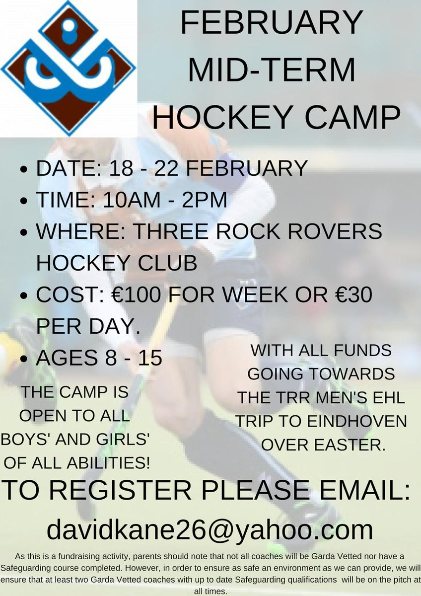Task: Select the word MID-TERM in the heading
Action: (272, 71)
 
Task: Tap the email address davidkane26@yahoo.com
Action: (210, 529)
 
